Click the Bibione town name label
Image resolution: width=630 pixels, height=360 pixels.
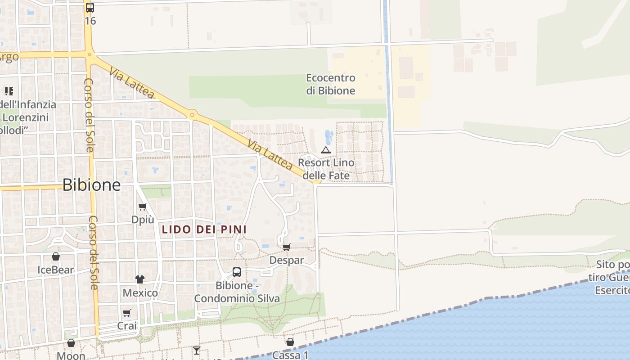pos(91,185)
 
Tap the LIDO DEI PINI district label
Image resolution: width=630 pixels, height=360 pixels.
pos(204,229)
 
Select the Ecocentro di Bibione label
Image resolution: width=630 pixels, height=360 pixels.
pos(331,84)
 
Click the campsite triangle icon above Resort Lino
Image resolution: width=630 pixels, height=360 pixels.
pos(326,150)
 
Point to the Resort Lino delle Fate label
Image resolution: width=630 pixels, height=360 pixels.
pos(326,169)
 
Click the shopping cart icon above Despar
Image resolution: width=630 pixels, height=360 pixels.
pos(287,247)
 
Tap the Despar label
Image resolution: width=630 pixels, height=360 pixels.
pos(287,260)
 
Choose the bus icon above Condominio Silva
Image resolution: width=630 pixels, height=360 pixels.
pos(237,272)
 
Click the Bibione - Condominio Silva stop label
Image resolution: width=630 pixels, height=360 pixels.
pos(237,292)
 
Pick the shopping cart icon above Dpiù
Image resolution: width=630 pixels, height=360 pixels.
pos(143,207)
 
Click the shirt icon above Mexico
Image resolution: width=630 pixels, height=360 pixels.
pos(140,280)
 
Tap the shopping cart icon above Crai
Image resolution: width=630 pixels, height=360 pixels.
pos(127,313)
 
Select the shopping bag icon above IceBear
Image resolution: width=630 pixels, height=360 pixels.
pos(56,257)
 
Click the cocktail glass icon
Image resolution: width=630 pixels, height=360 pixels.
pos(197,350)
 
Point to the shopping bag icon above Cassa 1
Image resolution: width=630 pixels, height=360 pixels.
pos(290,342)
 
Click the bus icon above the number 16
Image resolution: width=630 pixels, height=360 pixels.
pos(90,7)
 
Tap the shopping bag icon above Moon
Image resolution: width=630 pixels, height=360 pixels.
pos(71,343)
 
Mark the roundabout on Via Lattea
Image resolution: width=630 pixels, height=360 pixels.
pos(193,115)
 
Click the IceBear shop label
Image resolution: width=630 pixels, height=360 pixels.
pos(56,270)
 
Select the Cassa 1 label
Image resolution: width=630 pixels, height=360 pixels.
pos(290,355)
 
